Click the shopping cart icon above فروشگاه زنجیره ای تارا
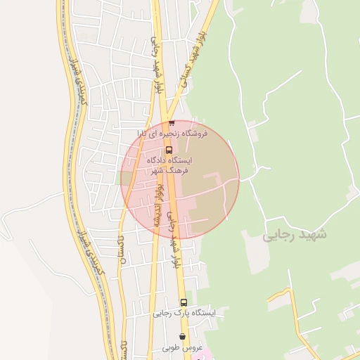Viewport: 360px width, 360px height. click(x=171, y=122)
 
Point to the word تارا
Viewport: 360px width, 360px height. click(x=143, y=133)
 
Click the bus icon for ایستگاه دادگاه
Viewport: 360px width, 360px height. click(x=168, y=149)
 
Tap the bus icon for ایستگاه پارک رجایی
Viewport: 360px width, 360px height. click(x=184, y=302)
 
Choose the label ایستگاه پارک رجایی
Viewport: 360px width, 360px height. click(x=185, y=314)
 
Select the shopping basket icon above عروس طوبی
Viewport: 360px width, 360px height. click(x=183, y=337)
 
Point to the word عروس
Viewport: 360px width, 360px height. click(x=193, y=347)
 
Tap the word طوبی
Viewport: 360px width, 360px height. click(x=172, y=347)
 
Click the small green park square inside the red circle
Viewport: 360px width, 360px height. click(x=127, y=178)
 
